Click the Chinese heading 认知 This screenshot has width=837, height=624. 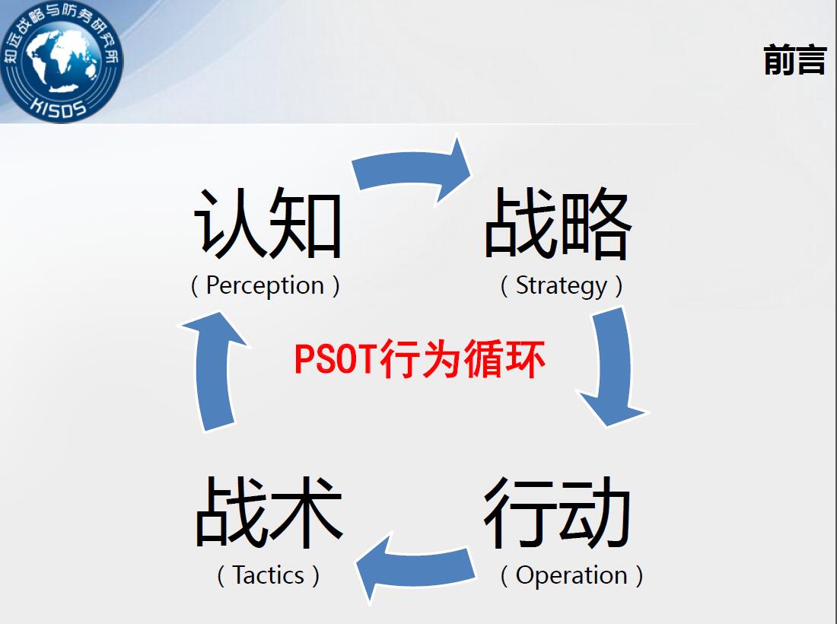pyautogui.click(x=267, y=223)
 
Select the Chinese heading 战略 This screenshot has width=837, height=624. pyautogui.click(x=558, y=223)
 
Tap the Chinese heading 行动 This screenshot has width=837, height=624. pyautogui.click(x=557, y=512)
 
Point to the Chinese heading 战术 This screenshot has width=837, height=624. pyautogui.click(x=269, y=512)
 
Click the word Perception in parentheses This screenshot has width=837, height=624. pyautogui.click(x=266, y=285)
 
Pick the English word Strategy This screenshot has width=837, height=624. pyautogui.click(x=562, y=285)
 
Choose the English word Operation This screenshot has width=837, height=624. pyautogui.click(x=571, y=575)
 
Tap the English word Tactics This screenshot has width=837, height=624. pyautogui.click(x=269, y=575)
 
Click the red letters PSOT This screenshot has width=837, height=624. pyautogui.click(x=336, y=358)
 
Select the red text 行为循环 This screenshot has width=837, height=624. pyautogui.click(x=463, y=358)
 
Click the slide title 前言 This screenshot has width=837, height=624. pyautogui.click(x=795, y=59)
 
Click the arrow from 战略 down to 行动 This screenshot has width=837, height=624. pyautogui.click(x=614, y=368)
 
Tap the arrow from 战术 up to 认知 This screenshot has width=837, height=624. pyautogui.click(x=214, y=371)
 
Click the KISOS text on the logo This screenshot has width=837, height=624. pyautogui.click(x=58, y=107)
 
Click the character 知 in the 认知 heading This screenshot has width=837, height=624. pyautogui.click(x=305, y=223)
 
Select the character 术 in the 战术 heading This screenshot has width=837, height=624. pyautogui.click(x=307, y=512)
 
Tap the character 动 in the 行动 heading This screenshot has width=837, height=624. pyautogui.click(x=594, y=512)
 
